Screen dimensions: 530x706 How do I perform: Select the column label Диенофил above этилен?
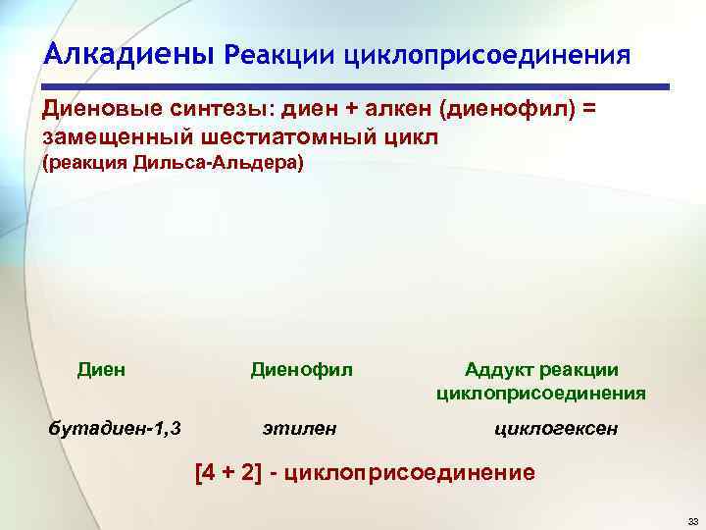coord(301,370)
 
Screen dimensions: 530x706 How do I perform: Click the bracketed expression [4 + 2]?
coord(235,474)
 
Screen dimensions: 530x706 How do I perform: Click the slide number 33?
coord(692,520)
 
